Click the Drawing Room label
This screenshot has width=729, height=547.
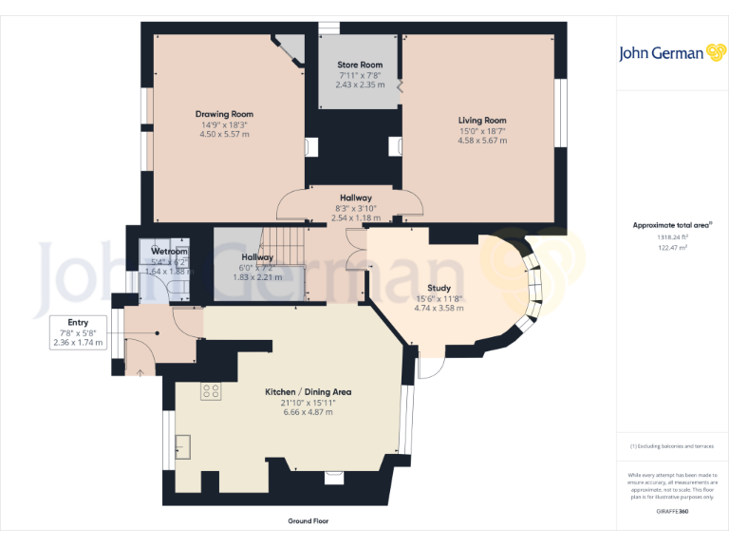225,114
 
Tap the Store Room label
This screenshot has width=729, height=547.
360,65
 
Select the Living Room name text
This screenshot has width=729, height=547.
482,121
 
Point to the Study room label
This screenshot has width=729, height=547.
438,288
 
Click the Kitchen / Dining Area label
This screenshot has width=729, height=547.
308,391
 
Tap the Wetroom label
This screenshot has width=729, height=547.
170,252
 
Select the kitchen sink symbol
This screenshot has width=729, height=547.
184,445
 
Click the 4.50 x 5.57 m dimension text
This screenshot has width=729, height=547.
225,135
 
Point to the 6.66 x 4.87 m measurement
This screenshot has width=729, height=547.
308,412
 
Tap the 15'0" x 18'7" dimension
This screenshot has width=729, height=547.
482,130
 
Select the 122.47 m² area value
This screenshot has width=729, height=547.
672,247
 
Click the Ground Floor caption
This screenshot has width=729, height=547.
308,520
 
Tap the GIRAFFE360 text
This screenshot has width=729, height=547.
672,512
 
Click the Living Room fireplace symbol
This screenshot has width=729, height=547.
396,145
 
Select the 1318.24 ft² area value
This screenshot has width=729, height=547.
672,237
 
